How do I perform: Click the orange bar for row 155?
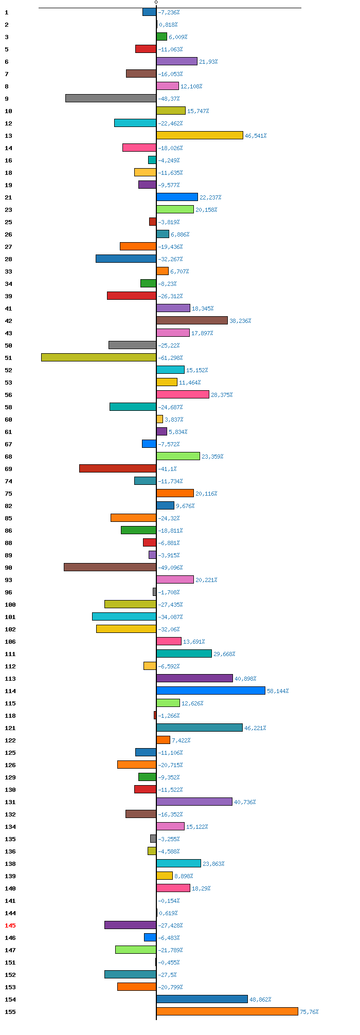point(227,1011)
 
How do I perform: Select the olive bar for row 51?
point(99,357)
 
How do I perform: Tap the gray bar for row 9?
point(111,98)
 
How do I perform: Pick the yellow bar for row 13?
point(200,135)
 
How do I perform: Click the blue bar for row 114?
point(211,691)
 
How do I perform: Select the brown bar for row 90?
point(110,567)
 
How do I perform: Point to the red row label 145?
point(10,925)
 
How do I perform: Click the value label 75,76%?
point(309,1012)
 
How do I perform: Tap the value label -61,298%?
point(170,358)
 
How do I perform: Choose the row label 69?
point(8,469)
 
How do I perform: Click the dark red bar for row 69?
point(118,468)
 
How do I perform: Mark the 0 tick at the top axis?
point(156,3)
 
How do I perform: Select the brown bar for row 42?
point(192,320)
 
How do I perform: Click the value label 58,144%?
point(278,691)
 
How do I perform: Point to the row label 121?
point(10,728)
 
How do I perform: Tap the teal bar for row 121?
point(200,728)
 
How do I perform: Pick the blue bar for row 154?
point(202,999)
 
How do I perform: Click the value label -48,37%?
point(169,99)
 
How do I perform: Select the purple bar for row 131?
point(194,802)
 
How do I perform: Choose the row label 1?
point(7,12)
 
